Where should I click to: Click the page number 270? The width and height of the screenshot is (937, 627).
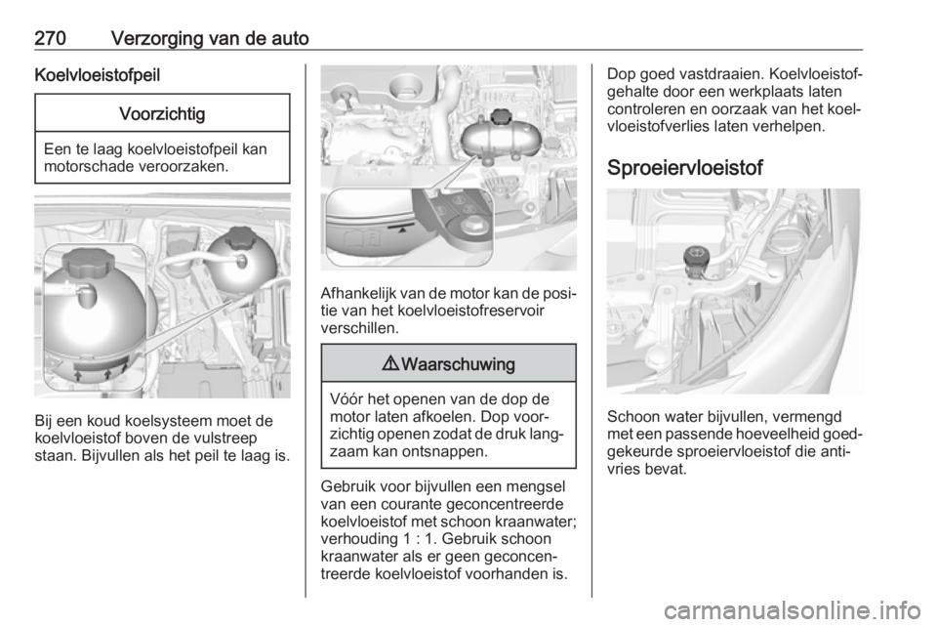pos(50,38)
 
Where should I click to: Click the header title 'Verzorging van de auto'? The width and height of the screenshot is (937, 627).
pos(210,38)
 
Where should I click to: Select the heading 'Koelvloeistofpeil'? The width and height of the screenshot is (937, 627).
pos(98,75)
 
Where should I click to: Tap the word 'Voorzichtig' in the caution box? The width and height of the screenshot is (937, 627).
pos(162,113)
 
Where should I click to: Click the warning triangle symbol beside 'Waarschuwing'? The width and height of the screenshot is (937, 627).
pos(391,364)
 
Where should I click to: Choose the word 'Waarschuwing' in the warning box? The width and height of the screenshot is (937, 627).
pos(459,364)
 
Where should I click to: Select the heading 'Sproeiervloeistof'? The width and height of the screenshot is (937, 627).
pos(685,168)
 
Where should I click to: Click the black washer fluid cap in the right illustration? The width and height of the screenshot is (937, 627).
pos(696,257)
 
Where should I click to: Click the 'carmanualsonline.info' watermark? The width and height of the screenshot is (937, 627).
pos(792,610)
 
